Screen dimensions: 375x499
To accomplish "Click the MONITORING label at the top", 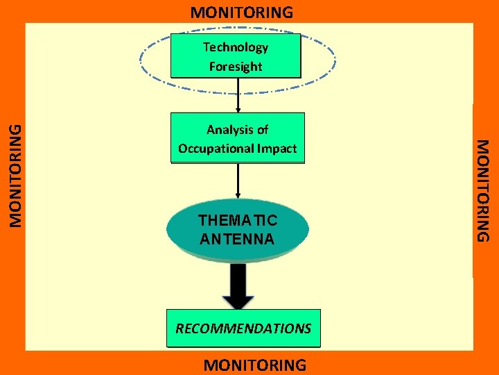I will click(x=242, y=12).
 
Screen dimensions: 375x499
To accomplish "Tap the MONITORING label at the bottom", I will click(x=254, y=365).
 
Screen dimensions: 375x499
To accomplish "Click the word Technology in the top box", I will click(x=236, y=47).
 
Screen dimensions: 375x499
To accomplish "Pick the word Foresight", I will click(x=236, y=67).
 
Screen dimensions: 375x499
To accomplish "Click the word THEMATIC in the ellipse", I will click(x=237, y=221).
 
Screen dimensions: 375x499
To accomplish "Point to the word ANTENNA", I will click(x=237, y=239).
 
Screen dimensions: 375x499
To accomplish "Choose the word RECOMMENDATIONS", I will click(x=243, y=328).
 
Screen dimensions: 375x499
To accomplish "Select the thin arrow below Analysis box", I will click(x=238, y=181).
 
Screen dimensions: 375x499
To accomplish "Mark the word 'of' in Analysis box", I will click(x=262, y=129).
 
